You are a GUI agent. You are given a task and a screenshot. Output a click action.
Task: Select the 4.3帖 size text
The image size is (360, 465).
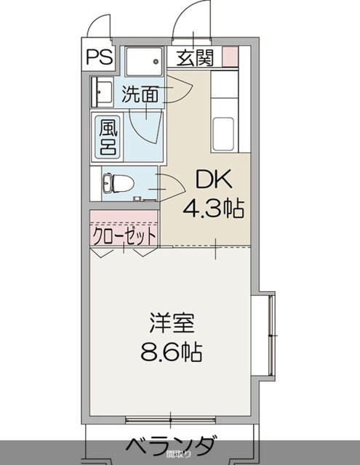(212, 209)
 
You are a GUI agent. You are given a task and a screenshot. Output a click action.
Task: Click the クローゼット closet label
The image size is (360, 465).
(124, 236)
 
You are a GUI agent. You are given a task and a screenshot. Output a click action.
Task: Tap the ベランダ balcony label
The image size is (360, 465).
(172, 445)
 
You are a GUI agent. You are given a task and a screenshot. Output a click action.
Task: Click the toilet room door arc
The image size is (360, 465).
(170, 187)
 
